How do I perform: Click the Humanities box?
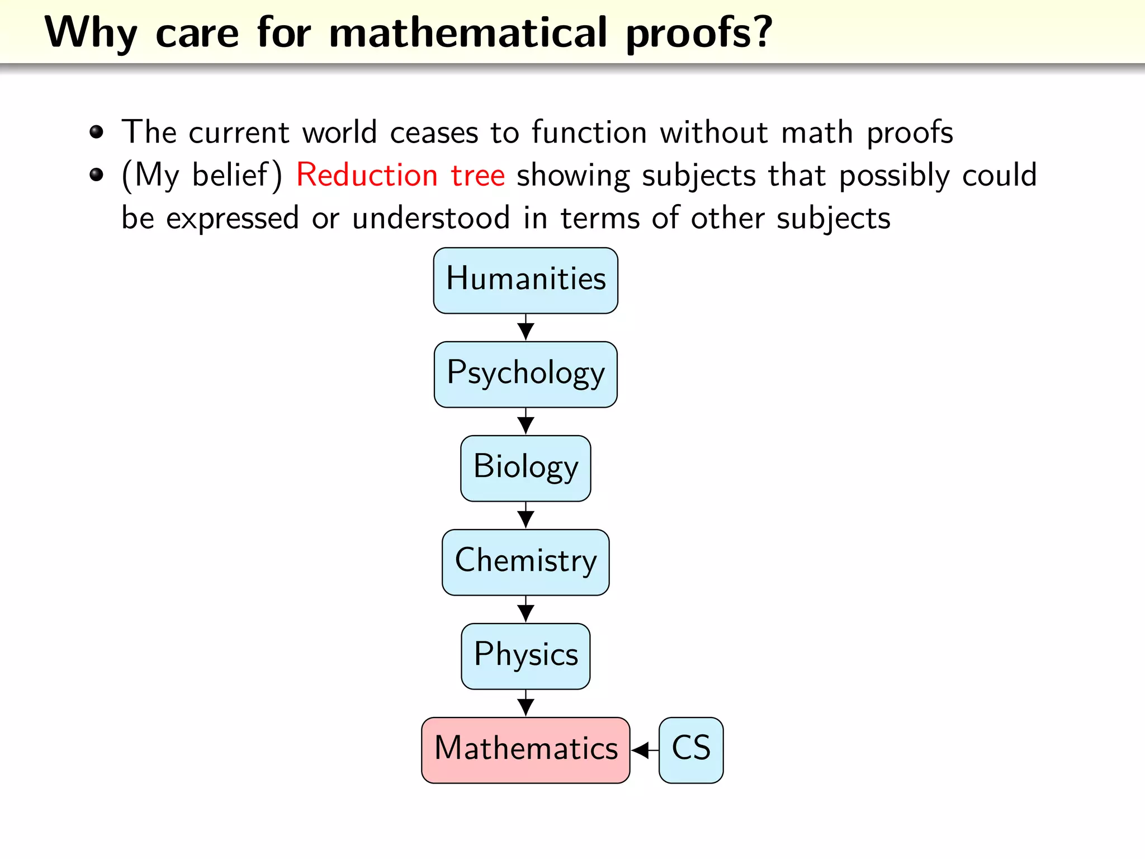point(526,280)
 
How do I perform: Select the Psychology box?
point(526,374)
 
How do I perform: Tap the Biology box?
point(526,468)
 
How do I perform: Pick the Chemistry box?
point(526,562)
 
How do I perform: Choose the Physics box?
point(526,656)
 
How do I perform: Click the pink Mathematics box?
point(526,750)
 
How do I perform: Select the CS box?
point(691,750)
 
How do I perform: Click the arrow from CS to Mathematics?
point(644,750)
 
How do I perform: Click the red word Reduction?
point(367,175)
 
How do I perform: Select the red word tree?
point(478,175)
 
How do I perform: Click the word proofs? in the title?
point(699,34)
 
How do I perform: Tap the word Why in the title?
point(91,34)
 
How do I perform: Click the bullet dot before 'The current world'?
point(97,132)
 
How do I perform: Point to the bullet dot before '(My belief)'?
point(97,175)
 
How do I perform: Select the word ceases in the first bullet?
point(434,133)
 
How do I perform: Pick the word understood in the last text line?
point(430,218)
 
